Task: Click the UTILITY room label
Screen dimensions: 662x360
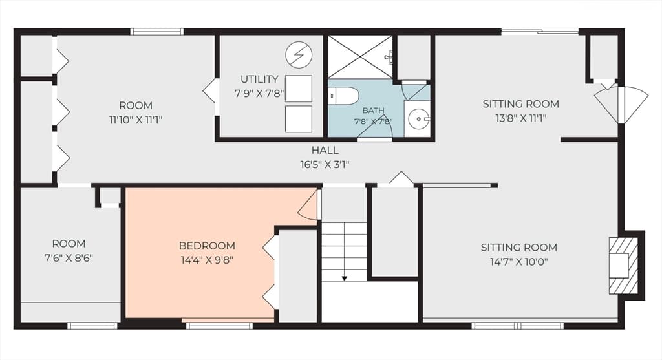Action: point(259,79)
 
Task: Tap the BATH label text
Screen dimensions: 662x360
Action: point(373,111)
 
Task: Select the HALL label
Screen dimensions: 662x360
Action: point(325,150)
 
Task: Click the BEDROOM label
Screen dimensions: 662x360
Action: point(207,246)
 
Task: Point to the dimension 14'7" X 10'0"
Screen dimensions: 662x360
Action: point(519,262)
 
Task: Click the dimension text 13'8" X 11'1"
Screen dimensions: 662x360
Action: point(520,118)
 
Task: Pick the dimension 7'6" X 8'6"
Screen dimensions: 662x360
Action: point(69,258)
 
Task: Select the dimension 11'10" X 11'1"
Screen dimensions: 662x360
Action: point(136,120)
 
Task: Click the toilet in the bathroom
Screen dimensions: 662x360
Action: point(343,96)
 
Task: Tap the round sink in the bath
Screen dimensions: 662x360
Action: point(418,118)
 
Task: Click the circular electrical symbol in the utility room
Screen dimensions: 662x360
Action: point(299,54)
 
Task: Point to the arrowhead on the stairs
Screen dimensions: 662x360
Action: point(345,278)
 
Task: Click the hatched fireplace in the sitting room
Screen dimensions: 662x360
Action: point(623,266)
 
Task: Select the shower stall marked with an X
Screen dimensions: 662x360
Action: point(361,57)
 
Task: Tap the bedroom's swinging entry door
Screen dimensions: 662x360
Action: point(308,205)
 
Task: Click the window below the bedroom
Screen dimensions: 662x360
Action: point(219,325)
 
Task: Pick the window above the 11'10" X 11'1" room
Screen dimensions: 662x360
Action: point(156,32)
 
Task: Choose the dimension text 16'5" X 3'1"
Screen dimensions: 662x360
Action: point(325,165)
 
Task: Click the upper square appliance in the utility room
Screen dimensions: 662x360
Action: point(299,89)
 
